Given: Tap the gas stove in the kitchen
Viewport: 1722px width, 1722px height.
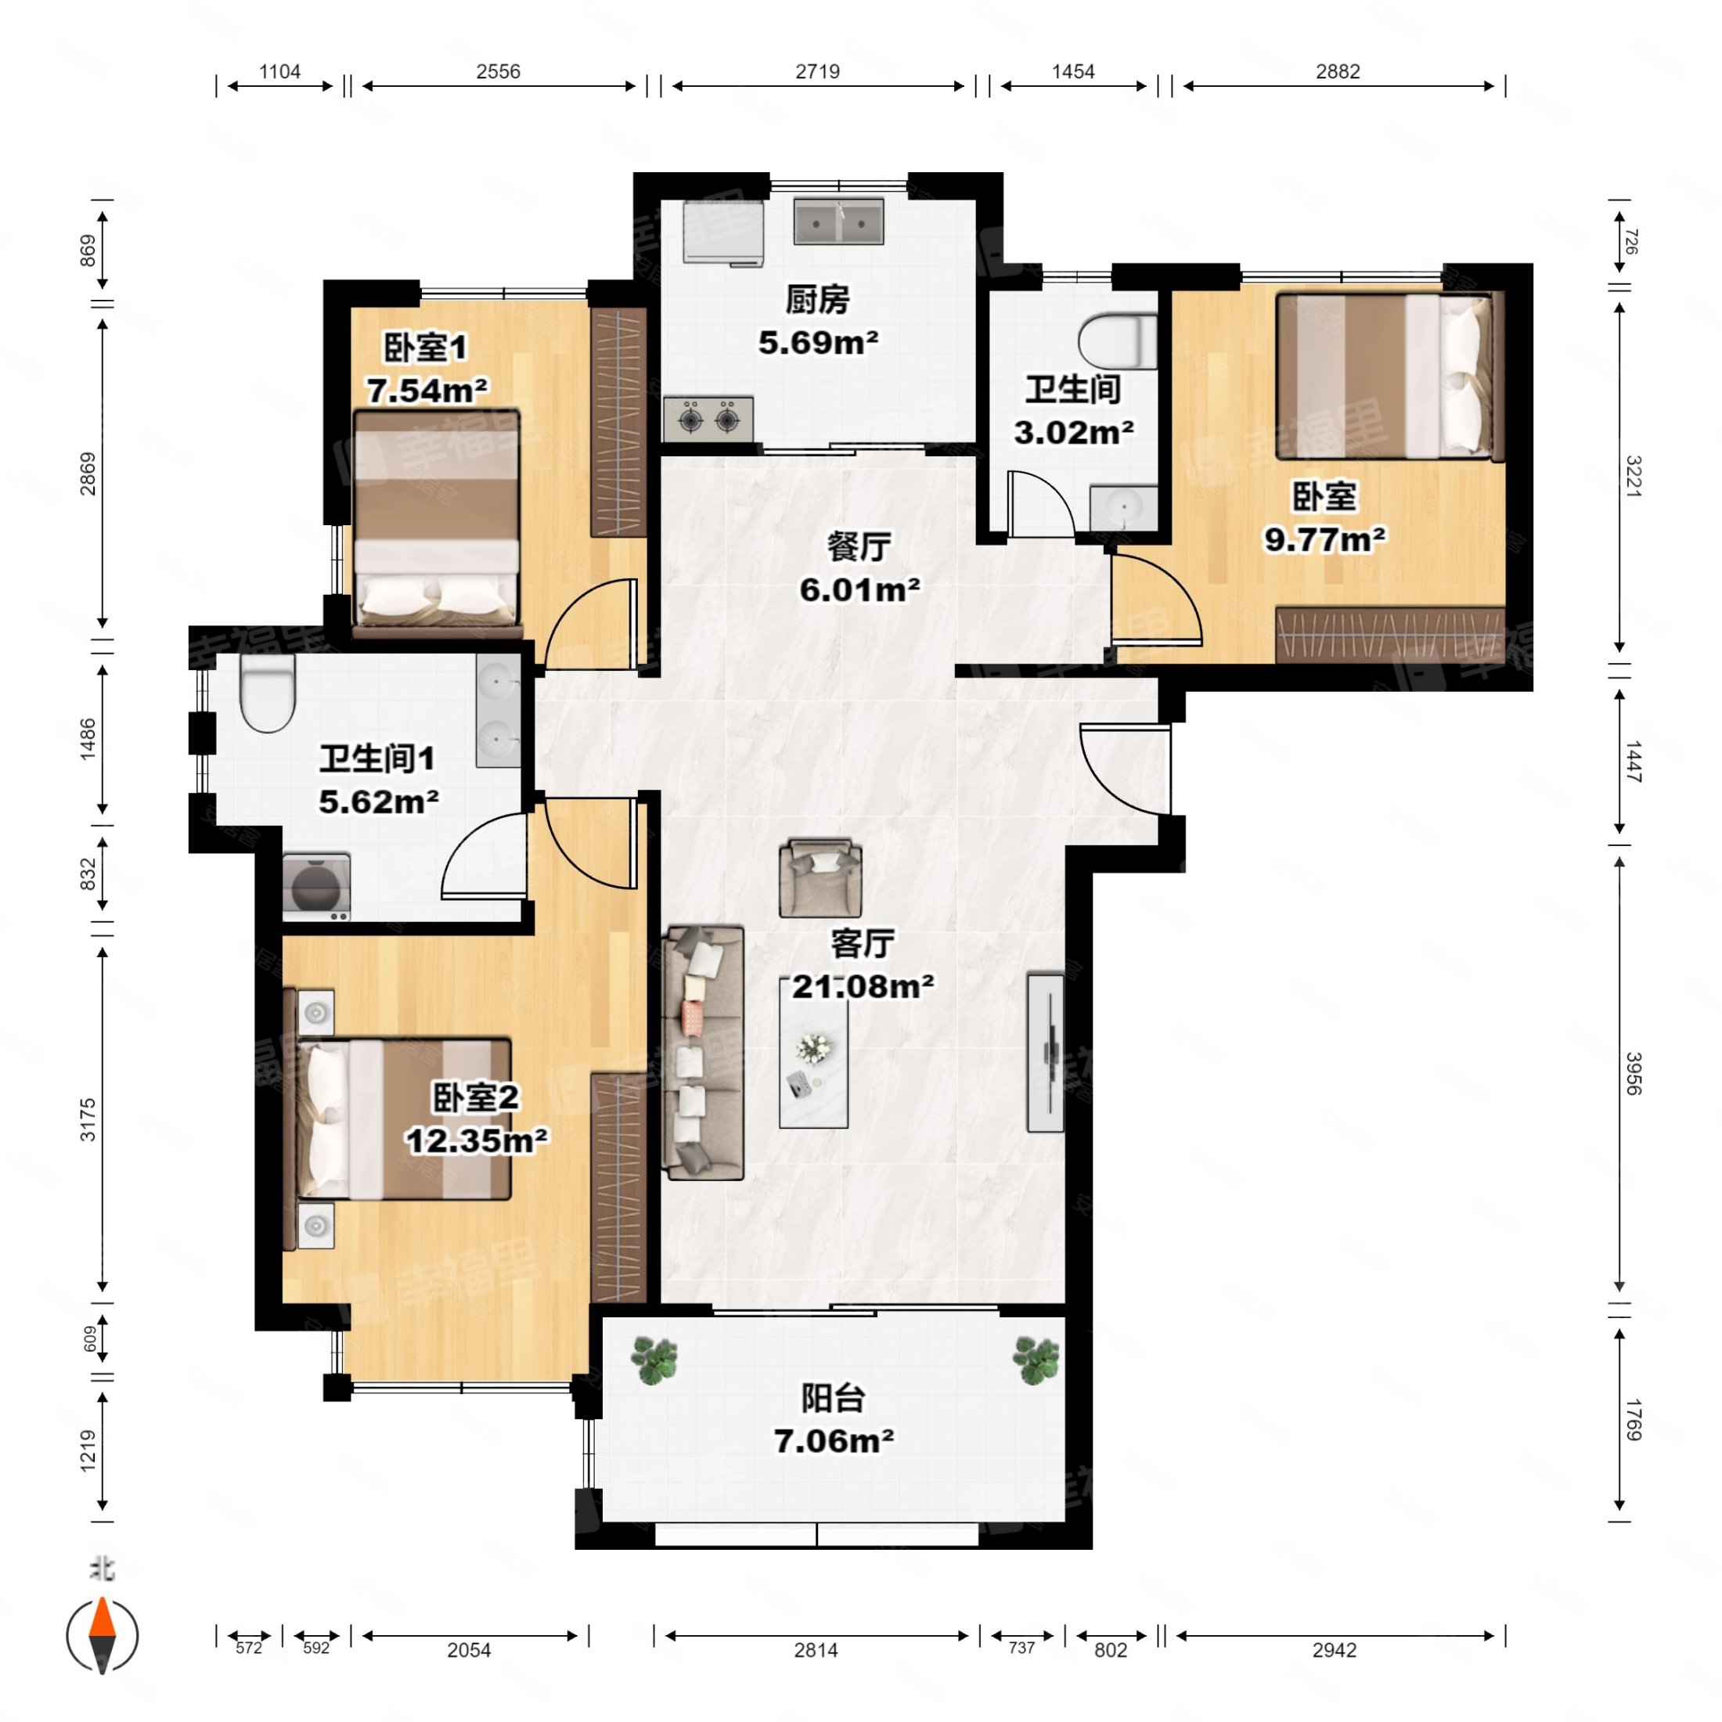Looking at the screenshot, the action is click(708, 419).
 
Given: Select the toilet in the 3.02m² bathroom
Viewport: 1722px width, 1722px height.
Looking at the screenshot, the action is click(1118, 340).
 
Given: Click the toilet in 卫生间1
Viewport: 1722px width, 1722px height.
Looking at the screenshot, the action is click(268, 694).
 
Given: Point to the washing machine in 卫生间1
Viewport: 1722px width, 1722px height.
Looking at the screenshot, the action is click(316, 887).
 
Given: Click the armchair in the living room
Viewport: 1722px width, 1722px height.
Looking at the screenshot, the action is click(820, 878).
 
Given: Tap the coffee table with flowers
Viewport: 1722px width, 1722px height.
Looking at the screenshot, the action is click(813, 1053).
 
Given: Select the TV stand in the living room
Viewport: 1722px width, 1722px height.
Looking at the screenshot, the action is click(1046, 1053).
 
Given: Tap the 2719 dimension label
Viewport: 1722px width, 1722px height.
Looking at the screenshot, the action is click(817, 71).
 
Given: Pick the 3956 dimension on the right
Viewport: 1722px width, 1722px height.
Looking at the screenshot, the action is click(1632, 1074).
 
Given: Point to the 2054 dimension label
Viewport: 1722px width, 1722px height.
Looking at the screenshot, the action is click(469, 1650).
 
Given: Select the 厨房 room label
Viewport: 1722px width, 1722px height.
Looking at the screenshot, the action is click(817, 300).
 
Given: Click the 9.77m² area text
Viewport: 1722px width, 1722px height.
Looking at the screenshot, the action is click(1324, 539).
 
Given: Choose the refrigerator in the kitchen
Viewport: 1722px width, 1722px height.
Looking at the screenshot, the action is click(724, 232).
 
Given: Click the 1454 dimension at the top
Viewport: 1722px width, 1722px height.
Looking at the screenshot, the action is click(1073, 71).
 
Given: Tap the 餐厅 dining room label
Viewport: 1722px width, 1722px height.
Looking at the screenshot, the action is click(859, 546).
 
